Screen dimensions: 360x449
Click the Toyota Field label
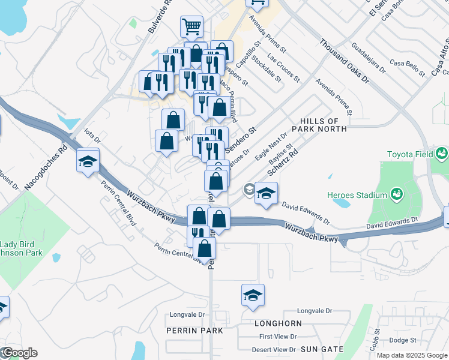pos(410,154)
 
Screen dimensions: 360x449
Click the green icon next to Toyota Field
pos(442,154)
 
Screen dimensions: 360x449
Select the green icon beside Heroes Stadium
pos(396,194)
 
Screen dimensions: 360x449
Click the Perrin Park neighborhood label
pos(194,331)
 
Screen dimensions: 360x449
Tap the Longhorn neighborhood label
pos(278,323)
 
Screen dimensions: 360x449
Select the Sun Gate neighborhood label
pos(322,349)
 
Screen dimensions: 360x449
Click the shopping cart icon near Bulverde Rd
pos(191,26)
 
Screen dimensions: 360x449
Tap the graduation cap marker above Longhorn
pos(253,295)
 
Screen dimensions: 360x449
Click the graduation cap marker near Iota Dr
pos(88,161)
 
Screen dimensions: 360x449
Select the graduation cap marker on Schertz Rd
pos(266,193)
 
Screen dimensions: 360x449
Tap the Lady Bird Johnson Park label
pos(21,248)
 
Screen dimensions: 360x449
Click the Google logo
pos(19,353)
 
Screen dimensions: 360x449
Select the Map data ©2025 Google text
pos(411,355)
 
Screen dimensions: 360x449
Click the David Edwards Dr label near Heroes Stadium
pos(306,212)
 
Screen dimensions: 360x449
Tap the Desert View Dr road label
pos(274,349)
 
